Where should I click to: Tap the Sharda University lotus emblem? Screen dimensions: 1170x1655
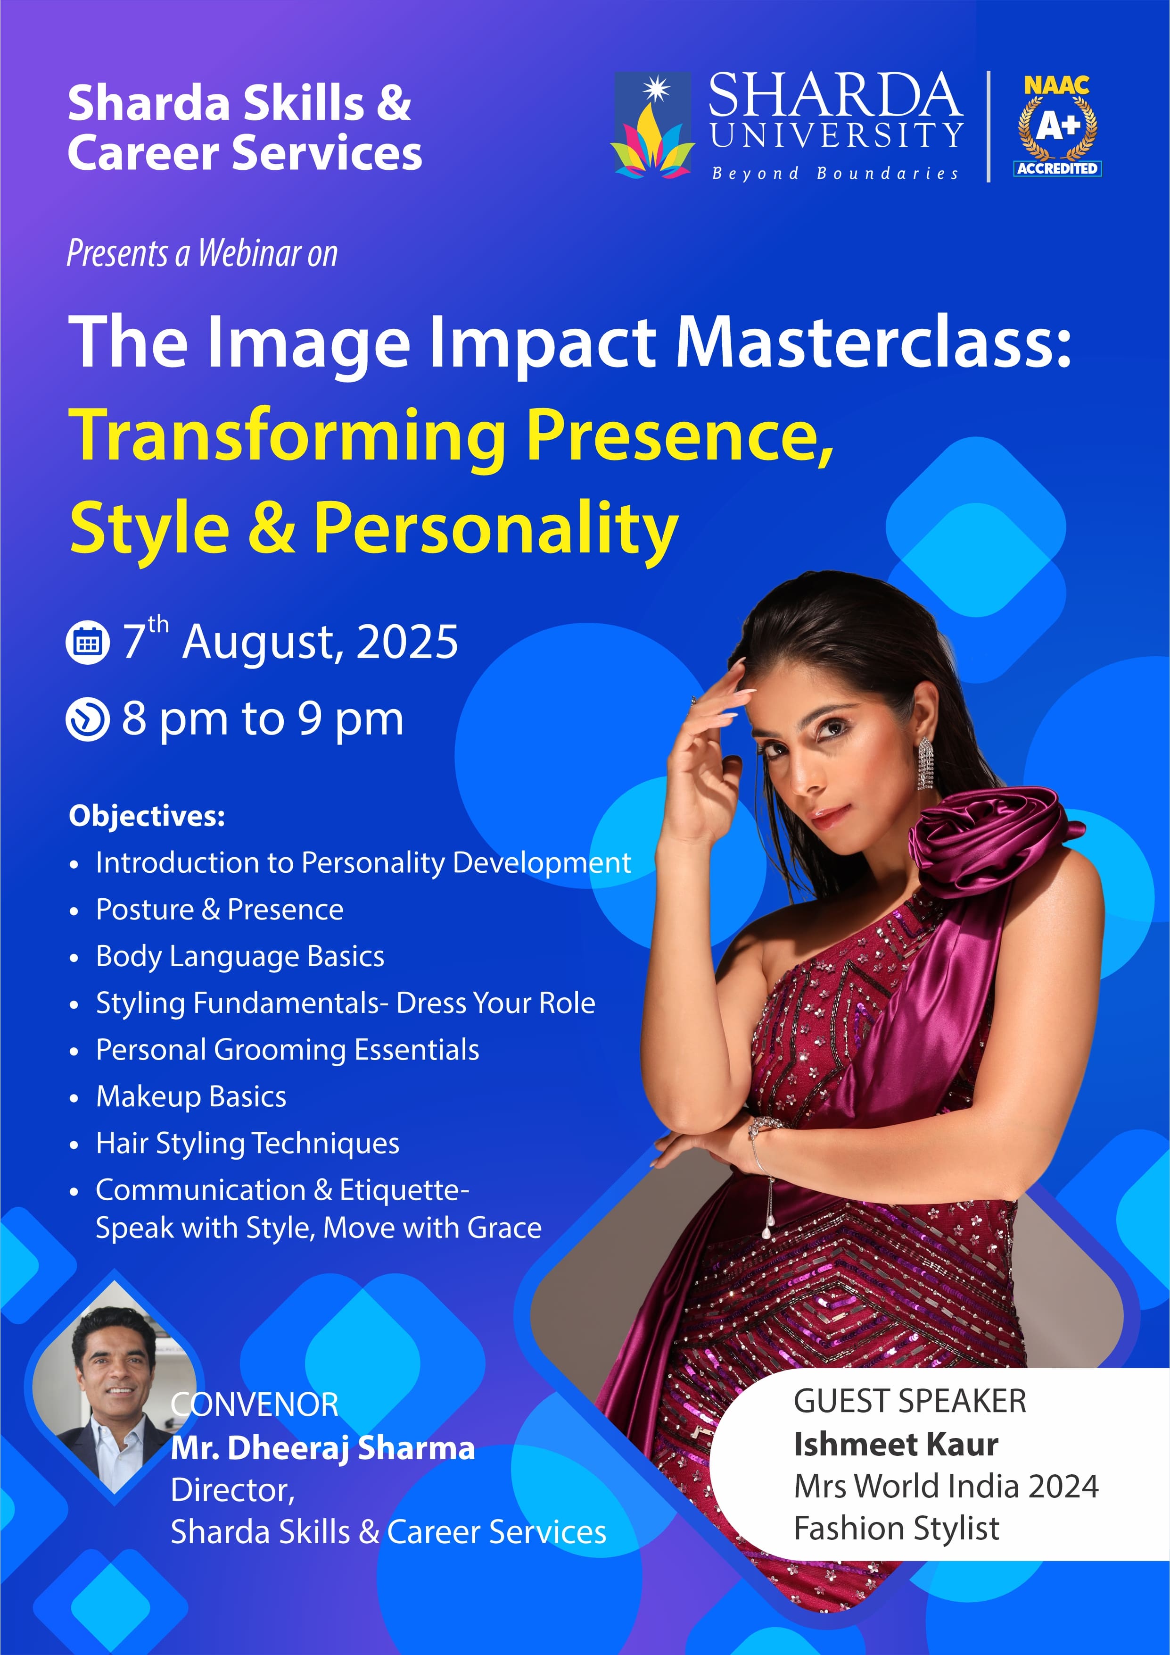click(x=652, y=125)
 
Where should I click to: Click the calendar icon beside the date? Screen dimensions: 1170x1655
click(x=88, y=642)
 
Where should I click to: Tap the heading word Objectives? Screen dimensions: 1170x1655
click(x=147, y=817)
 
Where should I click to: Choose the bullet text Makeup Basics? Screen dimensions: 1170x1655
click(x=191, y=1096)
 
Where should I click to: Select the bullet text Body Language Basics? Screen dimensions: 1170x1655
click(x=240, y=956)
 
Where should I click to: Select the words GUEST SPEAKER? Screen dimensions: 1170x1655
click(x=910, y=1401)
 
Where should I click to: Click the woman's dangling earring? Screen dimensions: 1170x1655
click(x=925, y=764)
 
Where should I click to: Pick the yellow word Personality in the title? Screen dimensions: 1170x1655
click(x=495, y=530)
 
